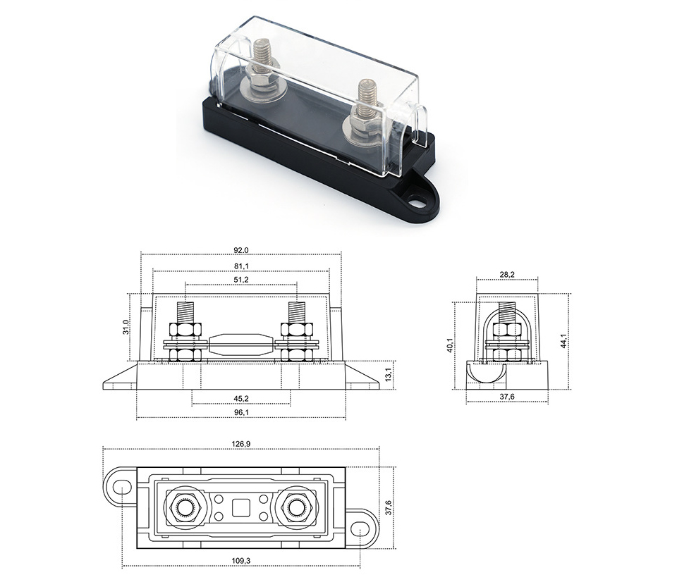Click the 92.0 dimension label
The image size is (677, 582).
click(x=241, y=250)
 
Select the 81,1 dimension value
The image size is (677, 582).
click(x=241, y=266)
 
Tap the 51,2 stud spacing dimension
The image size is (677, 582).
click(x=241, y=280)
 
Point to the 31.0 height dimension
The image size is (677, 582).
click(x=126, y=327)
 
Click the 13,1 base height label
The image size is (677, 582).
click(x=388, y=375)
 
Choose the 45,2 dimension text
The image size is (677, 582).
click(x=241, y=398)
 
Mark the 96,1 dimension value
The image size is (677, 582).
click(x=241, y=412)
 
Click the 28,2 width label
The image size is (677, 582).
click(x=507, y=274)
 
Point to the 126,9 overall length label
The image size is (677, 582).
click(x=241, y=443)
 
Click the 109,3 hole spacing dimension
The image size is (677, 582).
click(x=241, y=561)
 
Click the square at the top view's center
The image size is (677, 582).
click(x=241, y=508)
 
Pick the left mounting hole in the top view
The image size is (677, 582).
click(x=122, y=488)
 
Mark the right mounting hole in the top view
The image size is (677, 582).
click(x=360, y=528)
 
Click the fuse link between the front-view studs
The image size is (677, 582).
click(x=241, y=344)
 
